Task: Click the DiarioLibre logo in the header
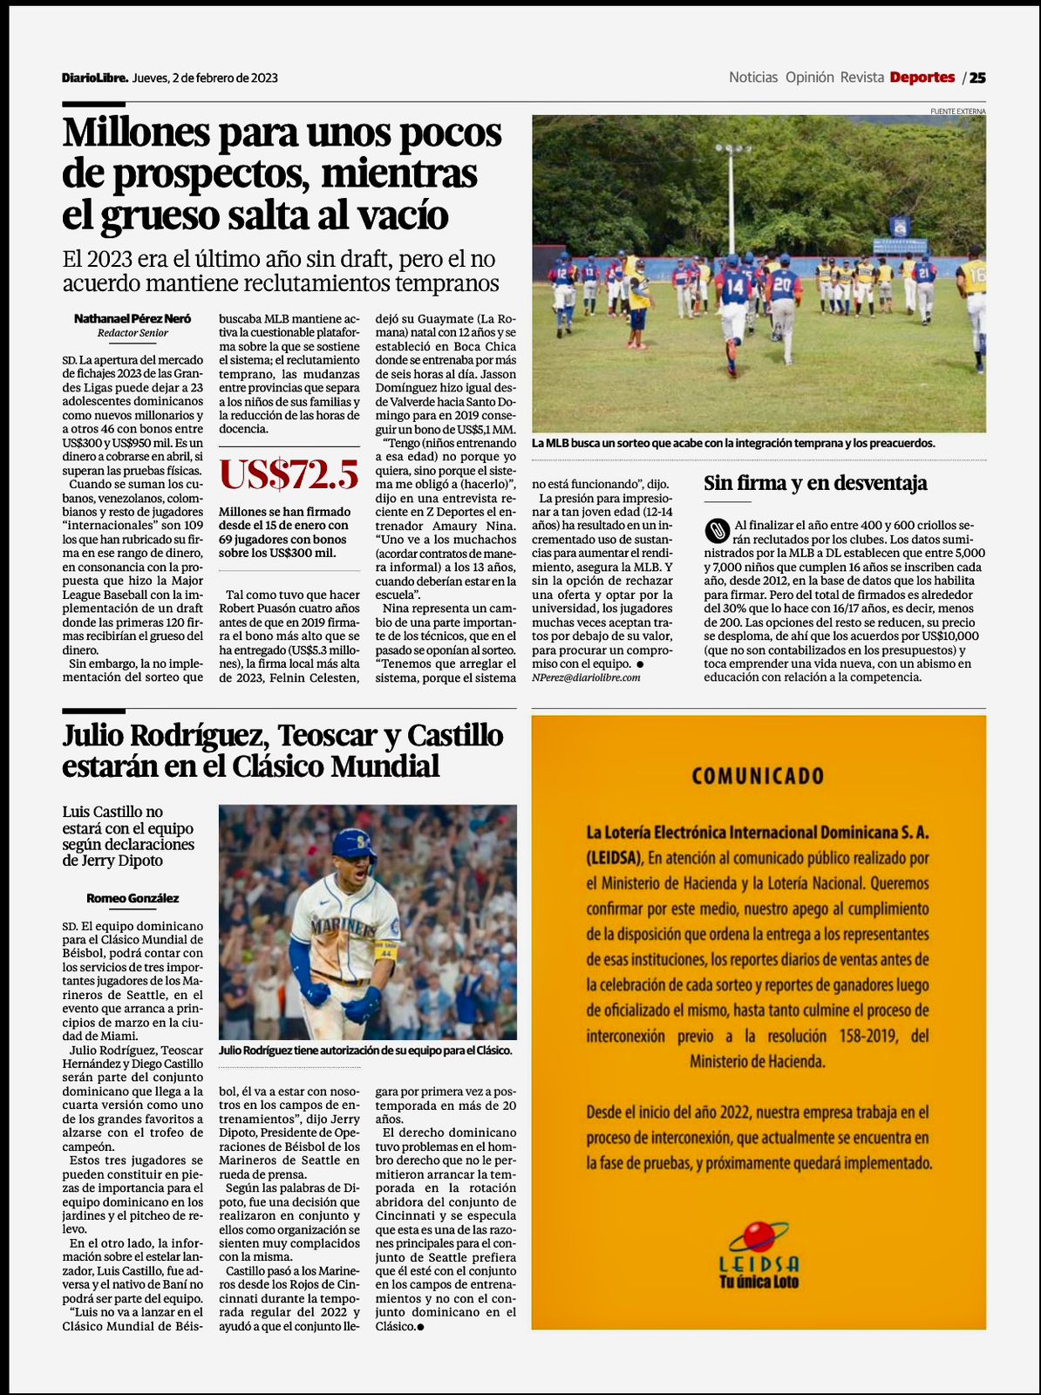(95, 78)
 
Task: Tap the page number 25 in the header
(977, 78)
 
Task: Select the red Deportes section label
(922, 78)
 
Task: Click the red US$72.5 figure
(289, 474)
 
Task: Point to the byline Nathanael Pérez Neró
(133, 319)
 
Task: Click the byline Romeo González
(133, 898)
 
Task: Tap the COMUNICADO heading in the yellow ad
(758, 776)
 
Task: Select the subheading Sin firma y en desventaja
(815, 483)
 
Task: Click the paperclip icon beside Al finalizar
(716, 528)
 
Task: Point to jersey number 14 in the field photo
(735, 286)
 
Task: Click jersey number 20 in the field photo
(782, 284)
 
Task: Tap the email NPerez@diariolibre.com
(586, 677)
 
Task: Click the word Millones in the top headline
(136, 133)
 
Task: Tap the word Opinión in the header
(809, 78)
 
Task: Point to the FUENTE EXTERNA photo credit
(957, 112)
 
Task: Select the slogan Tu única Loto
(759, 1282)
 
